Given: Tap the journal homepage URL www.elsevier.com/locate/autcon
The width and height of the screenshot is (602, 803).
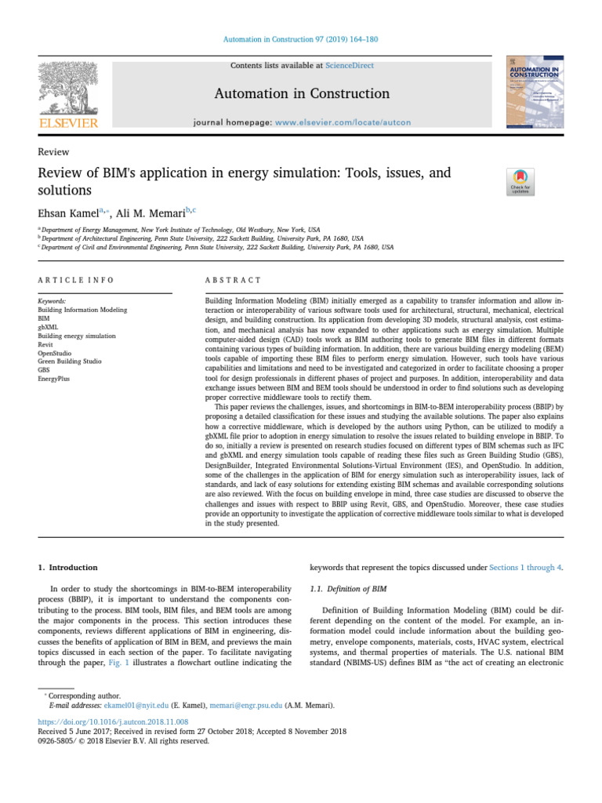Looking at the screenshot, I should tap(343, 122).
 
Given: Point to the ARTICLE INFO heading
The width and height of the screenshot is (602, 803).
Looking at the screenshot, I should tap(76, 280).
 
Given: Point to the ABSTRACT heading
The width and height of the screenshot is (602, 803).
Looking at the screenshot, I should tap(233, 280).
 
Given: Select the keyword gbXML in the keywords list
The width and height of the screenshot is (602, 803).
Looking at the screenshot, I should tap(50, 327).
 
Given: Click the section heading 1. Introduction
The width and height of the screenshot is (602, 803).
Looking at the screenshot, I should tap(68, 567).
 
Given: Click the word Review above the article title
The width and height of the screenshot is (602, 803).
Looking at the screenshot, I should tap(53, 152).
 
